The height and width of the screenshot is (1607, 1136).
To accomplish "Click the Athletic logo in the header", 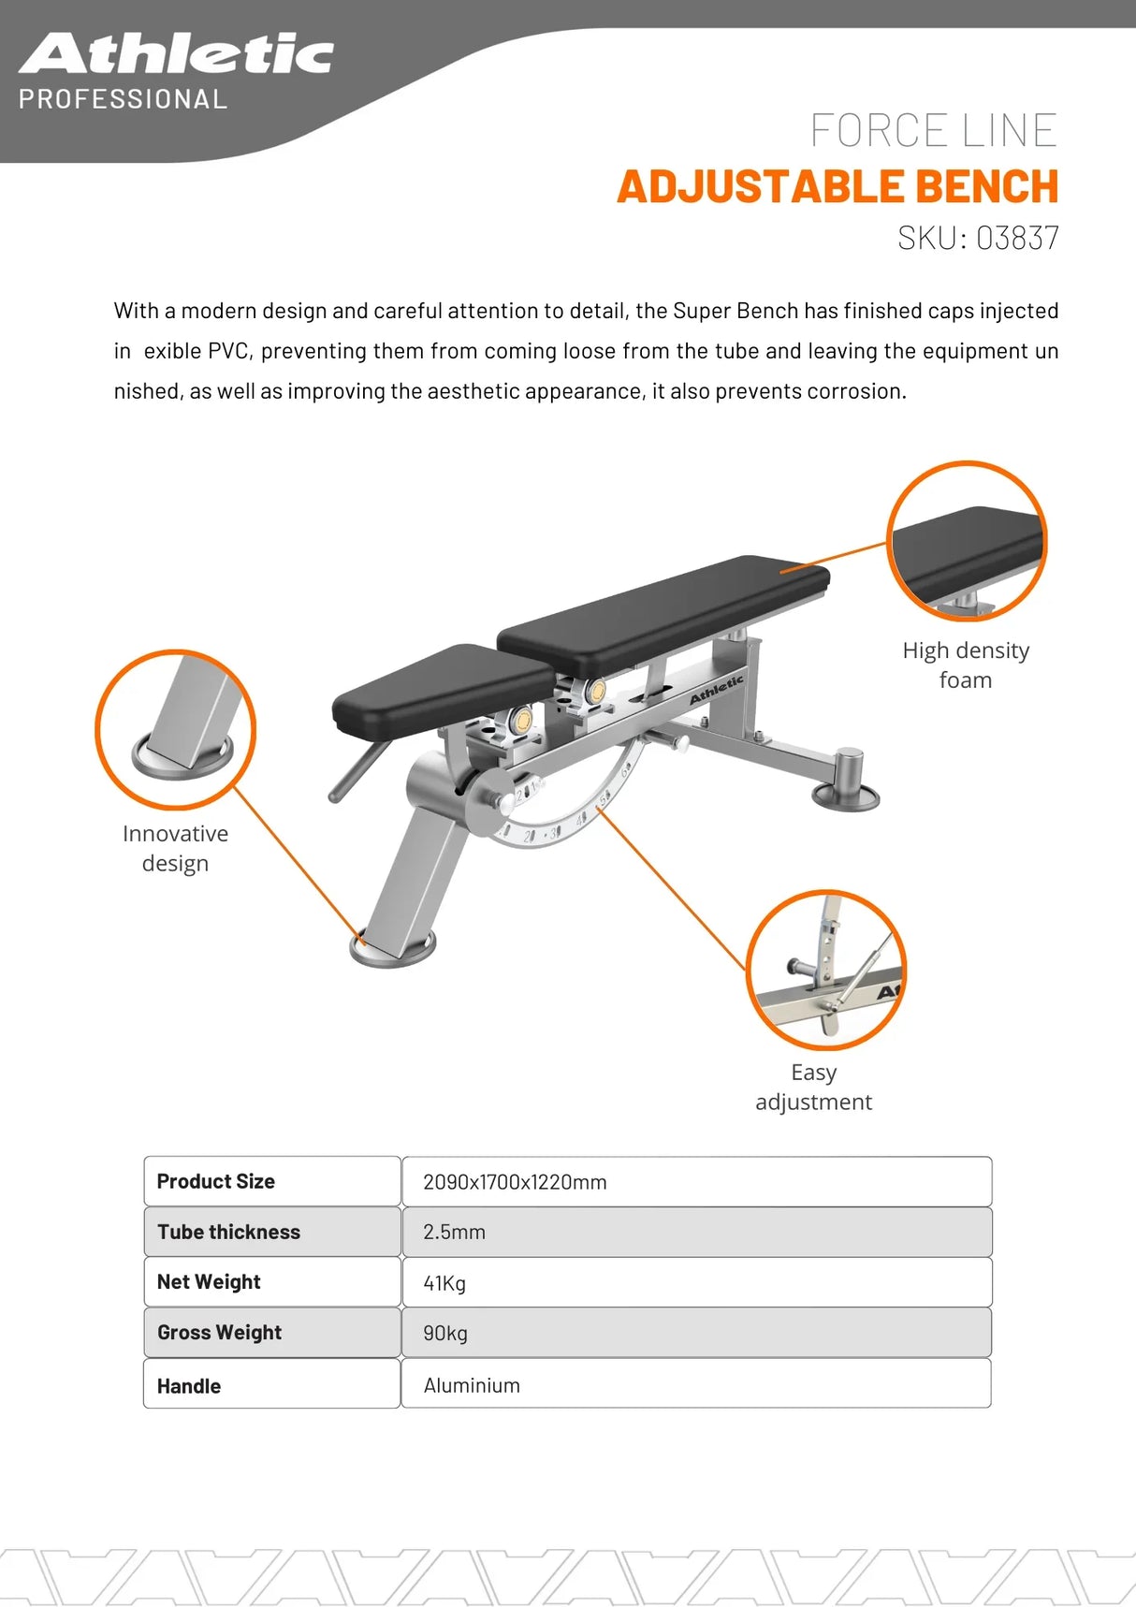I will coord(176,54).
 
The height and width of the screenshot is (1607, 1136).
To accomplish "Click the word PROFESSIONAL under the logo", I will coord(123,99).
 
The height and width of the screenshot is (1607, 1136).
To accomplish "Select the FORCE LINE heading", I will coord(933,130).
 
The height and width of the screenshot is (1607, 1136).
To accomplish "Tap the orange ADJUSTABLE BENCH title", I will coord(837,186).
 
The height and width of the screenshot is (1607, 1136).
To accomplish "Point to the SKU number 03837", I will coord(1017,238).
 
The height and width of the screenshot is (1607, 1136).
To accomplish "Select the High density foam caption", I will coord(966,665).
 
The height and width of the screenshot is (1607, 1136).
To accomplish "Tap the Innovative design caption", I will coord(175,848).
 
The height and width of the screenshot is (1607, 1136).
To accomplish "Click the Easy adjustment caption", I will coord(813,1087).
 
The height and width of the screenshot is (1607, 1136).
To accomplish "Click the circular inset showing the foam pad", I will coord(966,541).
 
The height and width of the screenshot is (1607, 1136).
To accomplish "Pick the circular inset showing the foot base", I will coord(175,729).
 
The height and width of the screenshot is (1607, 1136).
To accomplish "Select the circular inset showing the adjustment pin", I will coord(826,970).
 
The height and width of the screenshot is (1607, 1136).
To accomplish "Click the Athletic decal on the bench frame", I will coord(716,691).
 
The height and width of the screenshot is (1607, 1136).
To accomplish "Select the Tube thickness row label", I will coord(228,1232).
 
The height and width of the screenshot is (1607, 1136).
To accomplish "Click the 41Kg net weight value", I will coord(444,1283).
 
